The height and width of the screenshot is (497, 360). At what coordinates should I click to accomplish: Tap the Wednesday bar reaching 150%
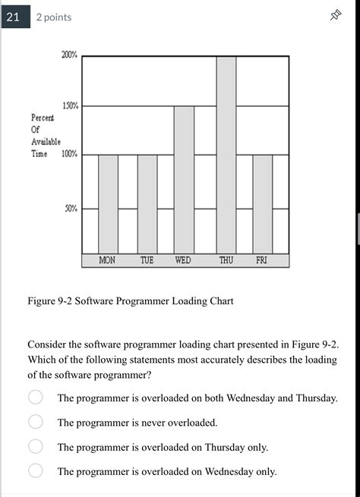184,179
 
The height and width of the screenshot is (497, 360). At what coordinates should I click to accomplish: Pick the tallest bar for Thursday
226,155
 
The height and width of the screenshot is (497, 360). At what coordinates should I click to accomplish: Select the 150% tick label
69,106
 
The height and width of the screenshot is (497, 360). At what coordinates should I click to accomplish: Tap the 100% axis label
69,154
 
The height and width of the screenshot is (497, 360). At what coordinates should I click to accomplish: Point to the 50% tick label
71,208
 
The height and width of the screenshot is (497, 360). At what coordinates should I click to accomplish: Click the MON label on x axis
108,260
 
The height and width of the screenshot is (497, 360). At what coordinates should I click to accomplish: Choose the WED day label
183,260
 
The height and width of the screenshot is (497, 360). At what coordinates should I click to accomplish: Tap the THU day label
226,260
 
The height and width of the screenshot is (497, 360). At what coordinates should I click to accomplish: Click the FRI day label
261,260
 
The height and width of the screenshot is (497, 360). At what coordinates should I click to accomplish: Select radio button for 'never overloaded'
36,422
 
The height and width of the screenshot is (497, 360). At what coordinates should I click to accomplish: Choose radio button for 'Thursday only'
36,447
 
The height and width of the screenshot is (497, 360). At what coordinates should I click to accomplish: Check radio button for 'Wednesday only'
36,471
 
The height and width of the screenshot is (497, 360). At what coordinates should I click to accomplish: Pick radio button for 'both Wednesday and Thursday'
36,398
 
